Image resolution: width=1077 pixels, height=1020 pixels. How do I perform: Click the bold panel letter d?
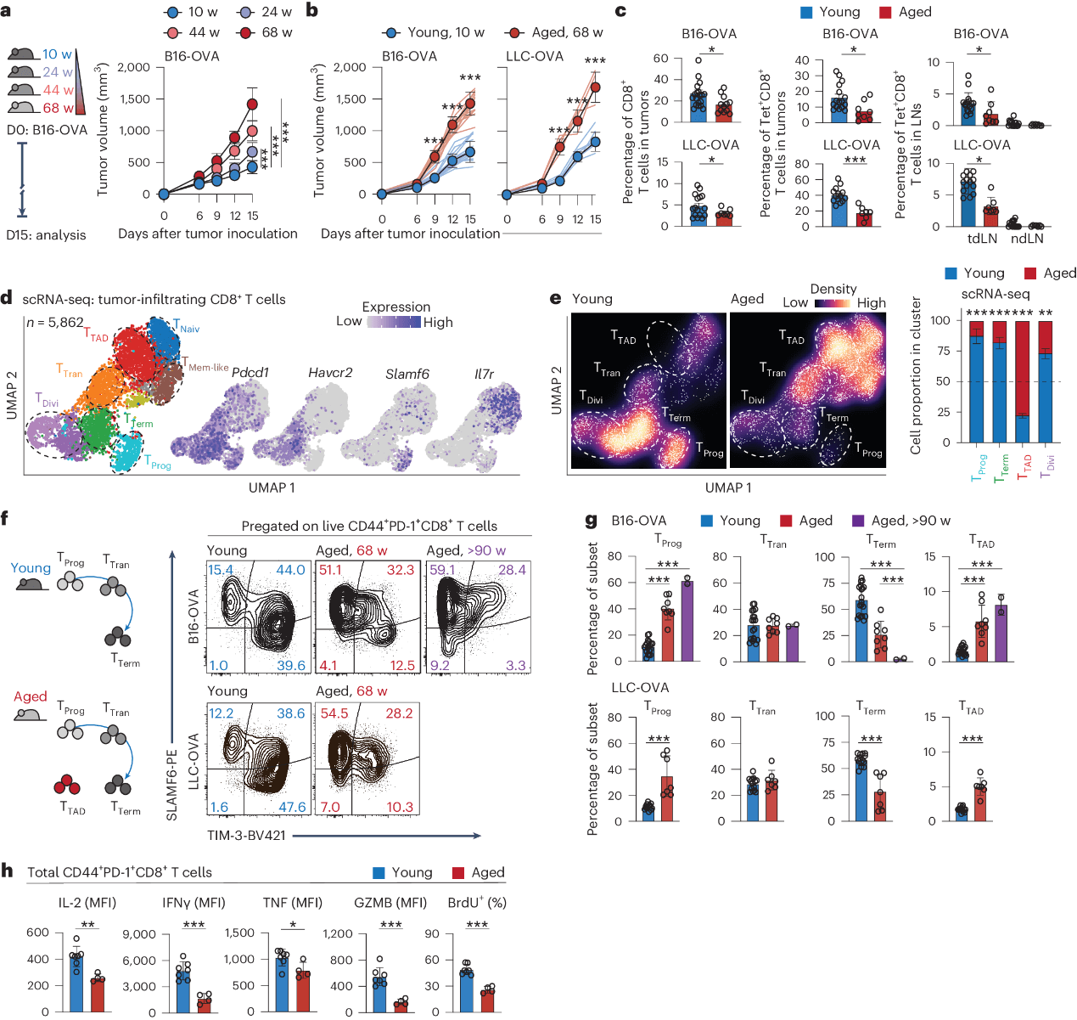[x=7, y=298]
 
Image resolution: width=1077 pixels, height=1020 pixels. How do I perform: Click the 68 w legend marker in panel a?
[x=247, y=32]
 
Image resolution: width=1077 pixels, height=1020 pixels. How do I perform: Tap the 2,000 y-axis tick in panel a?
[x=134, y=67]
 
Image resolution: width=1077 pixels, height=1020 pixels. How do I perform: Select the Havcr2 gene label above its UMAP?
[x=330, y=373]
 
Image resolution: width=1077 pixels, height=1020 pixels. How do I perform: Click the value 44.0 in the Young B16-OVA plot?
[x=290, y=570]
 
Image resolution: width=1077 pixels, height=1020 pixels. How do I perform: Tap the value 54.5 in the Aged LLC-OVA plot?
[x=334, y=713]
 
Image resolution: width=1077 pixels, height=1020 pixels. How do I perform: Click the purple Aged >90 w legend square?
[x=858, y=521]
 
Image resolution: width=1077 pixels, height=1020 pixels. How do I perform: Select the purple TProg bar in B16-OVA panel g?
[x=687, y=621]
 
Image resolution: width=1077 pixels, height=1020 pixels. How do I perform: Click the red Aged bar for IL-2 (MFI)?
[x=98, y=995]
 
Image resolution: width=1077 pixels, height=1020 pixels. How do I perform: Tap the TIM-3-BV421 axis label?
[x=246, y=836]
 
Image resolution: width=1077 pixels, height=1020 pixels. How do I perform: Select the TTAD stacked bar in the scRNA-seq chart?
[x=1022, y=382]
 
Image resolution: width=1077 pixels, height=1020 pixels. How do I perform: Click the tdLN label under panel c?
[x=982, y=239]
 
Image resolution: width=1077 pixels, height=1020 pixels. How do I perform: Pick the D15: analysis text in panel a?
[x=46, y=235]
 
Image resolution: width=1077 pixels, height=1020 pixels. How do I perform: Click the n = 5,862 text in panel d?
[x=54, y=323]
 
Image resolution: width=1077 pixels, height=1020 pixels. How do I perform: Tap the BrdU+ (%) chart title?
[x=477, y=903]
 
